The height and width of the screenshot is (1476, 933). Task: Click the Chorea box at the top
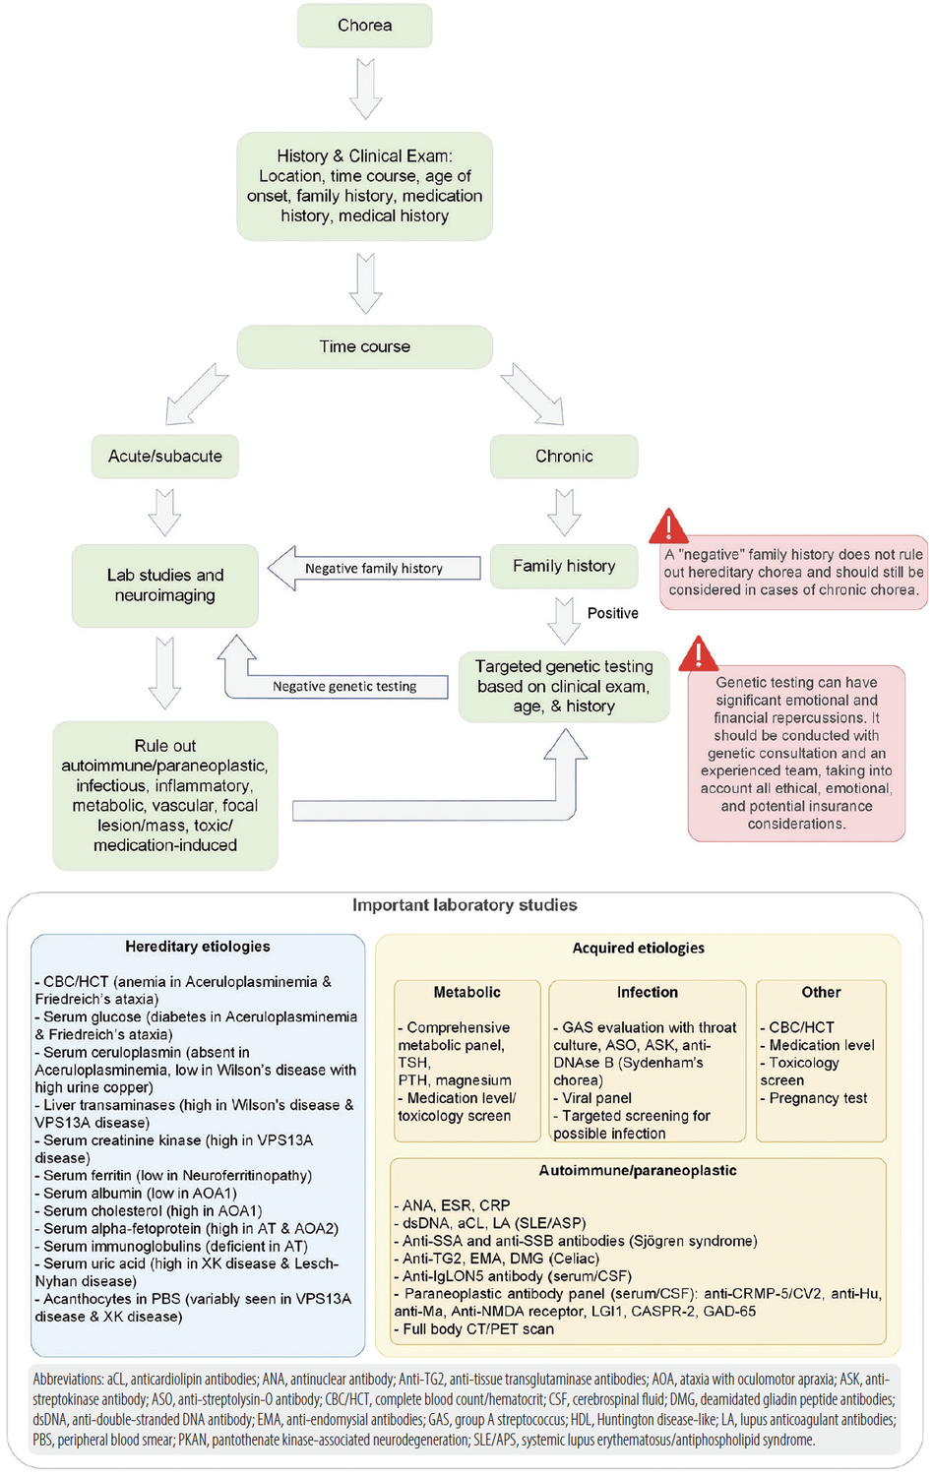pos(364,26)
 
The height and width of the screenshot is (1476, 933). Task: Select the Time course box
pos(364,346)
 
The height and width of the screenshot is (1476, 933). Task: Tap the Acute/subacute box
pos(165,457)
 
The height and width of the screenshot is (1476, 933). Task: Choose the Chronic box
pos(564,457)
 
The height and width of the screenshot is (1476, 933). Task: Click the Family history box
pos(564,566)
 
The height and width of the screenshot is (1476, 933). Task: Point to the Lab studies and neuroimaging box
pos(165,585)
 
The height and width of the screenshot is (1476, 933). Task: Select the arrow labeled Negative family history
pos(374,569)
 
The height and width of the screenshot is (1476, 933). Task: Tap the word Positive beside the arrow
pos(612,613)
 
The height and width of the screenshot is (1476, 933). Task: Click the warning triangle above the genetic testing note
pos(699,654)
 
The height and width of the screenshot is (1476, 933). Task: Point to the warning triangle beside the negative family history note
pos(669,527)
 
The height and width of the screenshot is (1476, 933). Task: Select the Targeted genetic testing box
pos(564,686)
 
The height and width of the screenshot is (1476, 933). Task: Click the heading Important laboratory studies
pos(465,905)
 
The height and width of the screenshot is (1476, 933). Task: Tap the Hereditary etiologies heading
pos(197,947)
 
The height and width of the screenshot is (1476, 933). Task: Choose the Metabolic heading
pos(466,992)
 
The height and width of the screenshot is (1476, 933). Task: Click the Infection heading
pos(647,992)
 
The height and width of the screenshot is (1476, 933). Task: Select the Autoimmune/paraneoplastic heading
pos(637,1171)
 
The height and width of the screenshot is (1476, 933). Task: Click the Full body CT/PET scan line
pos(477,1329)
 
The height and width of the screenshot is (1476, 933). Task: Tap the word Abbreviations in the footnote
pos(68,1380)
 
